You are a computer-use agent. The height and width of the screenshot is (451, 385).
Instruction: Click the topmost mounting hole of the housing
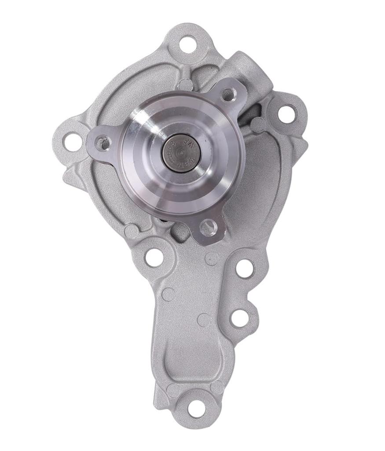tap(188, 44)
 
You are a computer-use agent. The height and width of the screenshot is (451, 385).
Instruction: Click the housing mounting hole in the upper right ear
tap(287, 113)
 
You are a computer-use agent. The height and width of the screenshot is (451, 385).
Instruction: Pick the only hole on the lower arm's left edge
tap(154, 257)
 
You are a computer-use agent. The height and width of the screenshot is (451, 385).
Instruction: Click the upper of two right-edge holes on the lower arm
tap(245, 268)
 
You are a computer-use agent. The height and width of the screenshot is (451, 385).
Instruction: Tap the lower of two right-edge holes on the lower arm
tap(240, 318)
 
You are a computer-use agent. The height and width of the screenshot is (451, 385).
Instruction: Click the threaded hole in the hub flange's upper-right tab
tap(228, 94)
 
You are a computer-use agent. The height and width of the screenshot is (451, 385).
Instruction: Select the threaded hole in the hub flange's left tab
tap(103, 142)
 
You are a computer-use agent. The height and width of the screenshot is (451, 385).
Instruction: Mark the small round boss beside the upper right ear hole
tap(258, 125)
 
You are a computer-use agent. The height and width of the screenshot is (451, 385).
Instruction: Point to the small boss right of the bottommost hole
tap(217, 388)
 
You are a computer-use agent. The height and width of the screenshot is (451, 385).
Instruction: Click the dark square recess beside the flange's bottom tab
tap(181, 233)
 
